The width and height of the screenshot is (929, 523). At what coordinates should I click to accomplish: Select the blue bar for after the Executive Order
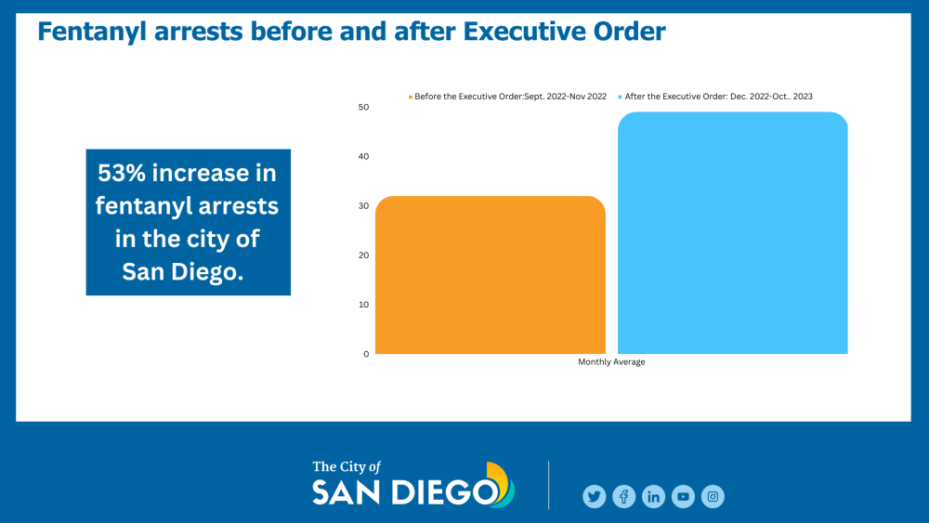click(x=732, y=233)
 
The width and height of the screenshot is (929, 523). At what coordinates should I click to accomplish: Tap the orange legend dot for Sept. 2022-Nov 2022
click(x=410, y=96)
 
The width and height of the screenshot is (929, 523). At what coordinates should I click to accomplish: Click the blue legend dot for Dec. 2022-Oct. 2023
click(x=621, y=96)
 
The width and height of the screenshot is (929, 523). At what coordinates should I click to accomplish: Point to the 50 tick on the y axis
click(x=363, y=107)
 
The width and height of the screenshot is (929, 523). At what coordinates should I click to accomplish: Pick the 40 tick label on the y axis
click(x=363, y=156)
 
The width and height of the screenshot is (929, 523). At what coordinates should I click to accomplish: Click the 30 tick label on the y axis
click(x=363, y=205)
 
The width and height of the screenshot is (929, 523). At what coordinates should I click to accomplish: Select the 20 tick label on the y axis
click(x=363, y=255)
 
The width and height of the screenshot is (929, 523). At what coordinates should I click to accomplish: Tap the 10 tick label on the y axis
click(x=363, y=304)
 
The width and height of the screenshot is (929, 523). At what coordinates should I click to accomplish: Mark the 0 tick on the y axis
click(x=366, y=354)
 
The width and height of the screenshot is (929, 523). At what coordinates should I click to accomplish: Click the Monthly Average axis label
click(x=611, y=362)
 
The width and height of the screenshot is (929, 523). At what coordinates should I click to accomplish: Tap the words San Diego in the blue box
click(x=189, y=270)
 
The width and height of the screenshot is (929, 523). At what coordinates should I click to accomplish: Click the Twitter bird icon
click(x=594, y=497)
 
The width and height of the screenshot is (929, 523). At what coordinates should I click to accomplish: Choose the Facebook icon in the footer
click(x=623, y=497)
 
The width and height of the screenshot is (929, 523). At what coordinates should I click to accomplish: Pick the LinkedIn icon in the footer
click(x=653, y=497)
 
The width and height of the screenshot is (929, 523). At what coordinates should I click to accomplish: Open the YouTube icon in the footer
click(x=683, y=497)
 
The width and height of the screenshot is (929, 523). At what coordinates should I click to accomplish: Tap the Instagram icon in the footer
click(x=713, y=497)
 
